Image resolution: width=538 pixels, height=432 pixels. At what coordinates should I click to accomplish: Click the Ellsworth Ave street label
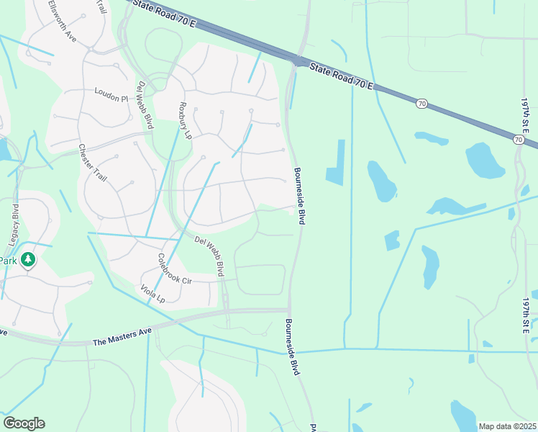(62, 19)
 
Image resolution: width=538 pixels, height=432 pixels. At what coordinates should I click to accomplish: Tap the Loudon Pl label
(111, 94)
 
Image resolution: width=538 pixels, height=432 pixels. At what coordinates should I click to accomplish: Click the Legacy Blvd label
(14, 219)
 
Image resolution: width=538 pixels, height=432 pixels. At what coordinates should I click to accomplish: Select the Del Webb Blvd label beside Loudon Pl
(145, 105)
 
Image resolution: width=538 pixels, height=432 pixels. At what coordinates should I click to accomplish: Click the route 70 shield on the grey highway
(421, 104)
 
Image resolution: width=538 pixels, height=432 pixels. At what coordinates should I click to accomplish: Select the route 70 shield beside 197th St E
(519, 139)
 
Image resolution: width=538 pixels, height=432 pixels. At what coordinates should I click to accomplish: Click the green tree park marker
(27, 259)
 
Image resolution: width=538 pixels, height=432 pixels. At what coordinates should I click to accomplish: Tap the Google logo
(24, 423)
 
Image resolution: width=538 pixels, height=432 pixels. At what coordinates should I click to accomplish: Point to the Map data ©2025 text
(506, 426)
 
